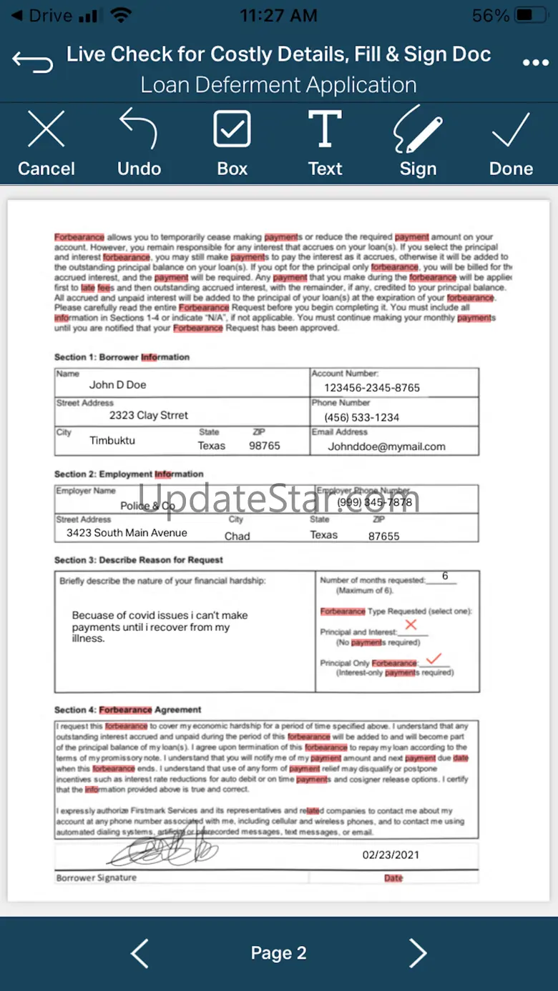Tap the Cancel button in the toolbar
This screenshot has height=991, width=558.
(x=46, y=144)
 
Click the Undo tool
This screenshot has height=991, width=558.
(x=139, y=144)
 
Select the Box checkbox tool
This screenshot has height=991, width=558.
(x=232, y=144)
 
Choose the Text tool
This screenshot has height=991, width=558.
(x=325, y=144)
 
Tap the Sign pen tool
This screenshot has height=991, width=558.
(x=418, y=144)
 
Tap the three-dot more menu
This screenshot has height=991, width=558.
(x=535, y=63)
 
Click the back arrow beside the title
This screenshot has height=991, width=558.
(x=33, y=62)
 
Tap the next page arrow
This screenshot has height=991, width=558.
(x=417, y=953)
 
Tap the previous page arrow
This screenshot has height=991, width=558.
(x=140, y=953)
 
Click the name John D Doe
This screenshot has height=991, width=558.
(x=117, y=384)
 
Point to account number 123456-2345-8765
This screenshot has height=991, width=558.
(x=372, y=387)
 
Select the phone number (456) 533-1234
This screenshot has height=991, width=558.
(x=362, y=417)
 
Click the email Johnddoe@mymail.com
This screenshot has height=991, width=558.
(x=386, y=447)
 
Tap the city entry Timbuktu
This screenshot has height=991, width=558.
(x=112, y=440)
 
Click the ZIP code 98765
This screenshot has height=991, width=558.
(x=265, y=445)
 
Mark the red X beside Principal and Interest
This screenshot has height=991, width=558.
(x=411, y=625)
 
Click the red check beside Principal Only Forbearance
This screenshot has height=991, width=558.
(x=433, y=658)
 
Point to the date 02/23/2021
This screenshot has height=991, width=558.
(x=391, y=855)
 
